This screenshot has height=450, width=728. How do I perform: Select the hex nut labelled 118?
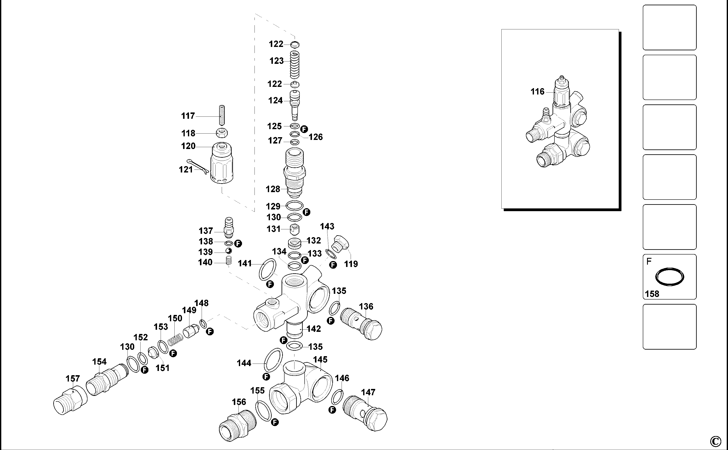[x=222, y=133]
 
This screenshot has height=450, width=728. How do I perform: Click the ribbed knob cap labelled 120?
[x=222, y=163]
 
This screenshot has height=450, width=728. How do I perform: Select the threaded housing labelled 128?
[x=294, y=173]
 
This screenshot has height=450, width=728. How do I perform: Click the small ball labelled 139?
[x=229, y=251]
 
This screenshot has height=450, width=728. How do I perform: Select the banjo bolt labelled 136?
[x=361, y=324]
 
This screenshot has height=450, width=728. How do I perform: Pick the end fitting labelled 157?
[x=70, y=400]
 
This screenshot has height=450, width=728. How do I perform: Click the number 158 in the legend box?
[x=652, y=294]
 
